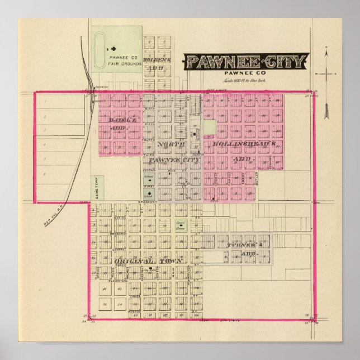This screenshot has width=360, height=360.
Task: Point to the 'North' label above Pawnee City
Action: (x=169, y=145)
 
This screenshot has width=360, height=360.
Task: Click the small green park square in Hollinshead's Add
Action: (x=209, y=127)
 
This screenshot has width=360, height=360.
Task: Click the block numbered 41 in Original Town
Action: (x=105, y=290)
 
